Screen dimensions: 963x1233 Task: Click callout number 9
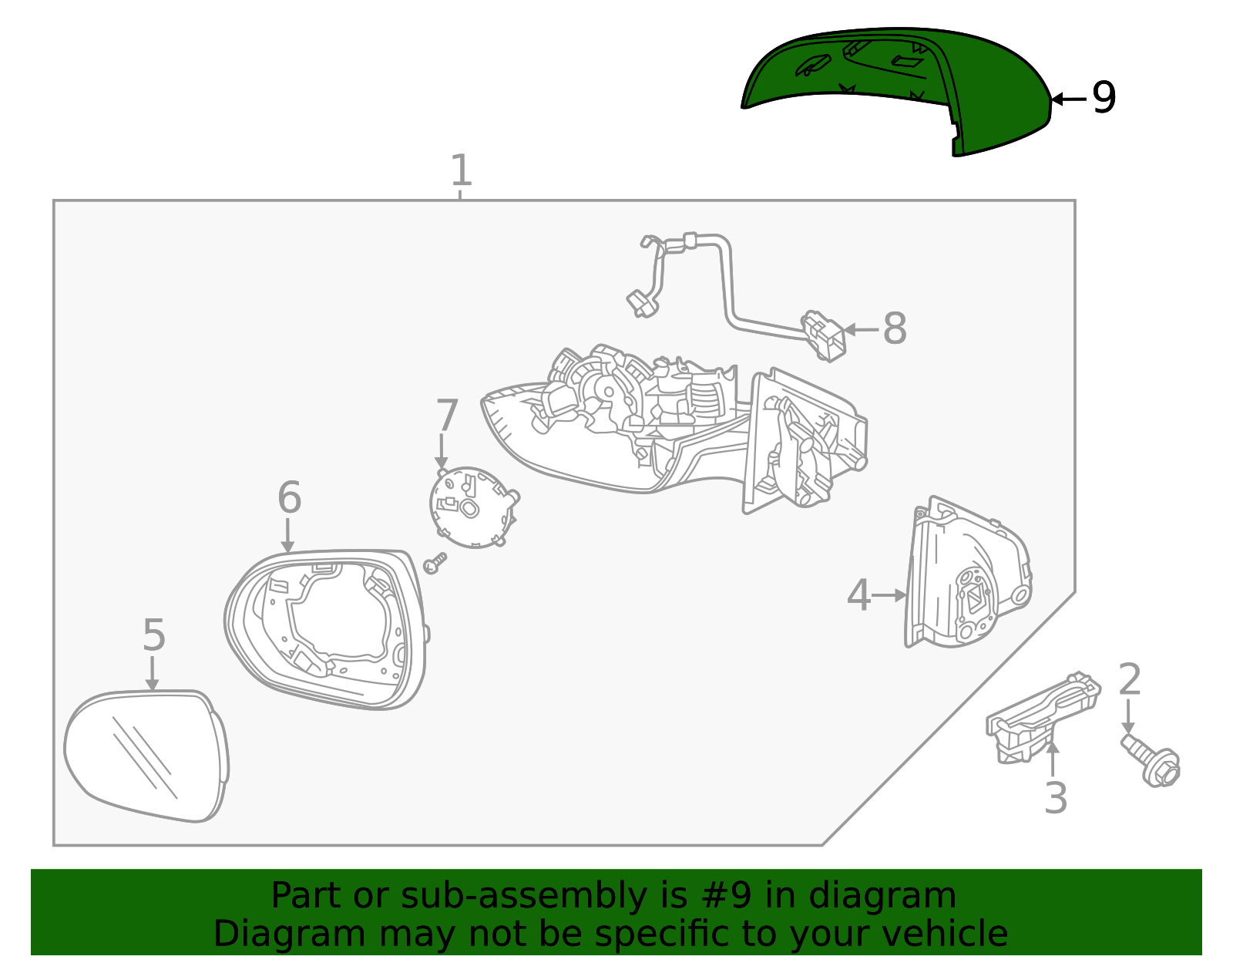[x=1104, y=98]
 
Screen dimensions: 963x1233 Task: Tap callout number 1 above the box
[x=461, y=170]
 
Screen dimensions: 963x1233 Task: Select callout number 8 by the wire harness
[x=894, y=328]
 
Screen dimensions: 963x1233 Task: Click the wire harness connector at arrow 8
[x=825, y=335]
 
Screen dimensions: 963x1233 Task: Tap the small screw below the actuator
[x=435, y=564]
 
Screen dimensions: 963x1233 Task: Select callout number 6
[x=289, y=497]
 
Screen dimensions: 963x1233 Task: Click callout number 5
[x=154, y=635]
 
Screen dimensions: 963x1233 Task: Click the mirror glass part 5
[x=146, y=756]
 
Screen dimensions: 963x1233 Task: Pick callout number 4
[x=858, y=595]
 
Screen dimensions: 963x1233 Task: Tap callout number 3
[x=1056, y=798]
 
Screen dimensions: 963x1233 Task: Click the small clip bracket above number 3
[x=1040, y=717]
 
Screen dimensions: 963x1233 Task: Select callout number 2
[x=1130, y=679]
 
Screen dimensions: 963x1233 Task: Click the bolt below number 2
[x=1153, y=759]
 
